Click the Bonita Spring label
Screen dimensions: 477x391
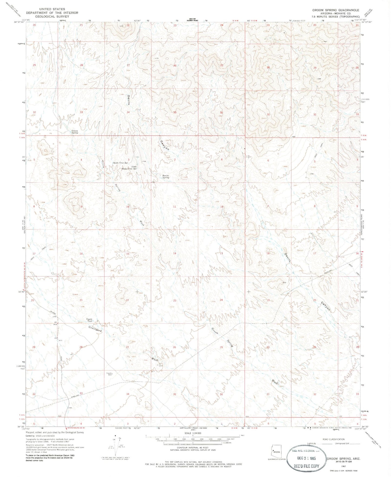(x=166, y=177)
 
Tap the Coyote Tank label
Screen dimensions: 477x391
(x=89, y=320)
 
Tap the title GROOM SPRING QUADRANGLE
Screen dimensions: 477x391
(x=336, y=10)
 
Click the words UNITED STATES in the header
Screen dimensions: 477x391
(x=52, y=9)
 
